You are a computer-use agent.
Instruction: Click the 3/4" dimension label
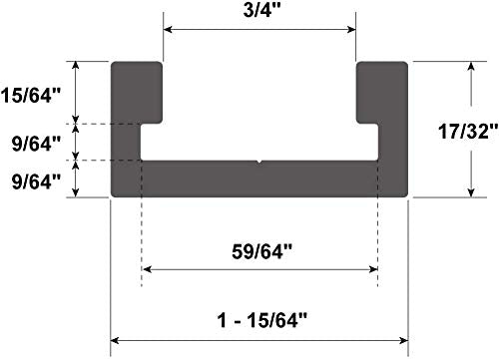(259, 12)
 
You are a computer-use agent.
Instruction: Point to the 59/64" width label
(259, 252)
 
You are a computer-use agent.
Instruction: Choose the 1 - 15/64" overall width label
(259, 320)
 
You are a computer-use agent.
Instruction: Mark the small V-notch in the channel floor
(259, 161)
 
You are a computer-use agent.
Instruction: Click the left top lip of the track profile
(136, 90)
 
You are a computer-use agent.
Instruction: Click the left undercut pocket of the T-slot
(151, 142)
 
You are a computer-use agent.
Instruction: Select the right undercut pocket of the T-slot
(367, 142)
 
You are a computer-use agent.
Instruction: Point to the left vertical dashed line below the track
(142, 239)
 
